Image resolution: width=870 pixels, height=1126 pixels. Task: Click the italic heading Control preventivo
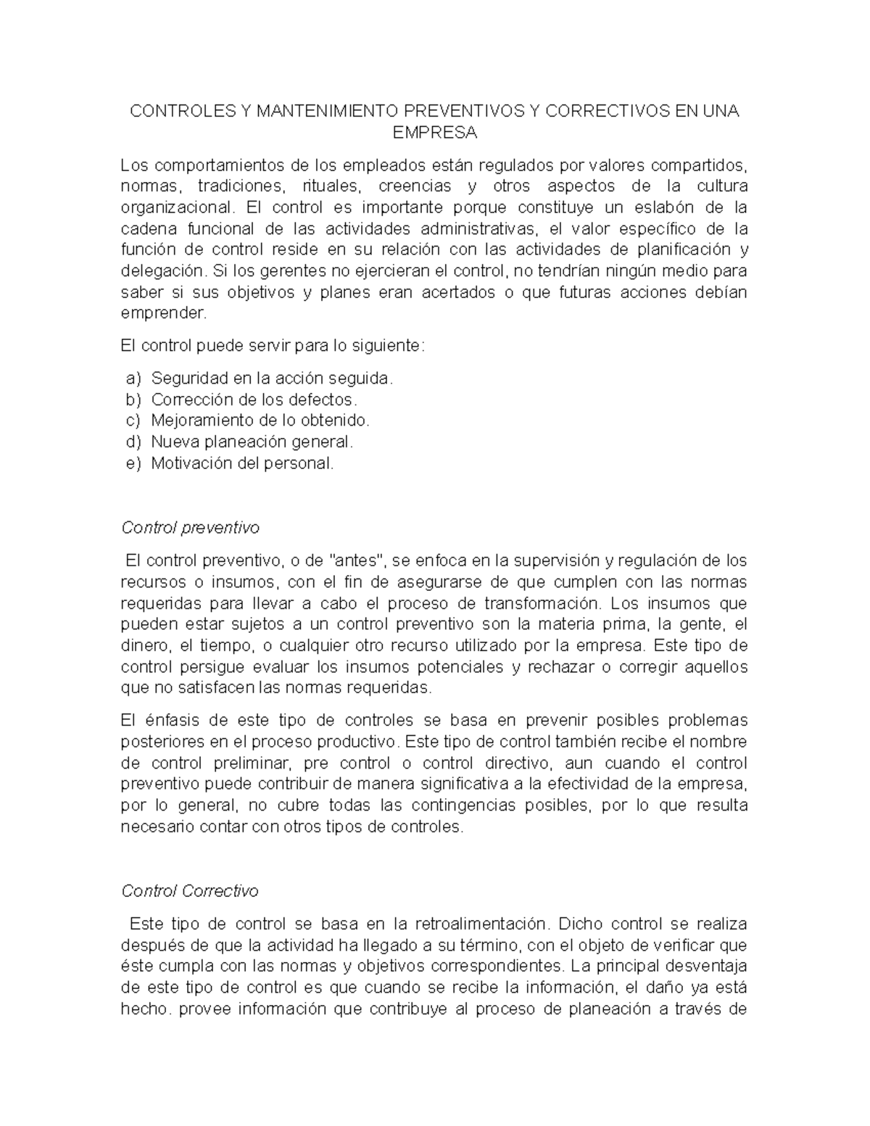[x=190, y=528]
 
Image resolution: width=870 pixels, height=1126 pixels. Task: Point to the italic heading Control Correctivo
[x=190, y=891]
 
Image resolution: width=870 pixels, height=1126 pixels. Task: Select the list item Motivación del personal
[x=242, y=463]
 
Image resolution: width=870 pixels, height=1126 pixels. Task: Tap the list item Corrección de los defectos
[x=254, y=400]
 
